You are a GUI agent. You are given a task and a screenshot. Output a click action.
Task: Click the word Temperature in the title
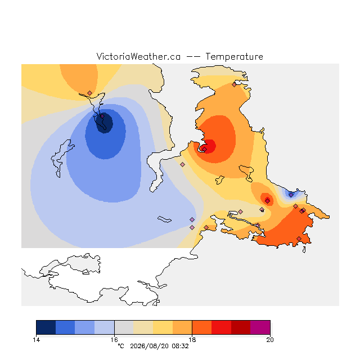[234, 56]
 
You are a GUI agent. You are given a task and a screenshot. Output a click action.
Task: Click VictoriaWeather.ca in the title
[138, 56]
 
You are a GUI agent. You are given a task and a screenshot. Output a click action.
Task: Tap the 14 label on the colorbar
[36, 340]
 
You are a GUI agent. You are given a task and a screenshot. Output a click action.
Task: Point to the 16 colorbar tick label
[114, 340]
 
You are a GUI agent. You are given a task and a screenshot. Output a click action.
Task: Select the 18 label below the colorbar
[192, 340]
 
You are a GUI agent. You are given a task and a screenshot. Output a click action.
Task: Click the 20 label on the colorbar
[270, 340]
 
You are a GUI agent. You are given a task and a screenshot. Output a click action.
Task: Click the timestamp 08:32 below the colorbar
[180, 346]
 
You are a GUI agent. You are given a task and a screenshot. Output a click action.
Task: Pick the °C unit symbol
[121, 346]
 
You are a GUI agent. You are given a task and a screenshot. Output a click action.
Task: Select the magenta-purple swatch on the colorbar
[260, 327]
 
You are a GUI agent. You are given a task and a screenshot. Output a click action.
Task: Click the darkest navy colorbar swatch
[46, 327]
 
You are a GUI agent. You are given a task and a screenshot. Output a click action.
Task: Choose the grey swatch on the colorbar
[124, 327]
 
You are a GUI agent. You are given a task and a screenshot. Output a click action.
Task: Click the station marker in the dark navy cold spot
[102, 116]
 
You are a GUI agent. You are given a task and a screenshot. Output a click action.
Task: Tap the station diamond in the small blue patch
[291, 195]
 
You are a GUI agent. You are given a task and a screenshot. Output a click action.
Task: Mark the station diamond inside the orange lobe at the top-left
[90, 93]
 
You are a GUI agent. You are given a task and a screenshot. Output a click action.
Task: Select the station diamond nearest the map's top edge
[234, 85]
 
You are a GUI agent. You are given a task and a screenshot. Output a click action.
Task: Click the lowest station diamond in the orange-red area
[299, 238]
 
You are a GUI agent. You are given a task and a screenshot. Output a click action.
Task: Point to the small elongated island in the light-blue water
[164, 219]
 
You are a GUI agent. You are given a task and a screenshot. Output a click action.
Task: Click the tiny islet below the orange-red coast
[304, 250]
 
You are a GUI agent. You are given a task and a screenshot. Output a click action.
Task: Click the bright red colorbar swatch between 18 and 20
[221, 327]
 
